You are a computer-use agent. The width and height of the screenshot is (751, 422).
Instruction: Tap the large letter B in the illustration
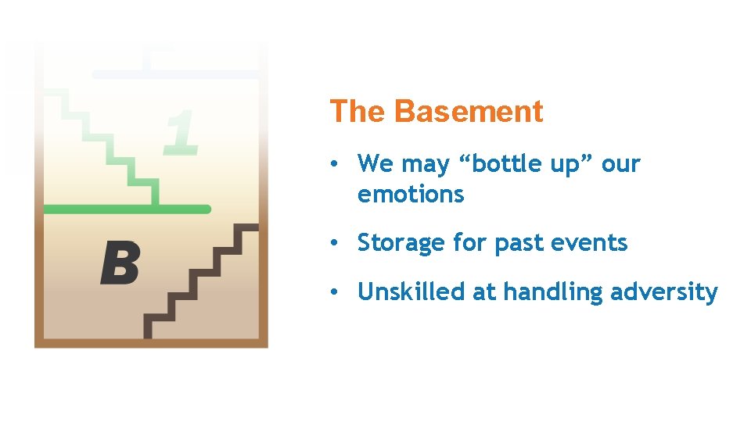click(120, 263)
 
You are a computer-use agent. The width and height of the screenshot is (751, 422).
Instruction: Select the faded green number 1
click(181, 131)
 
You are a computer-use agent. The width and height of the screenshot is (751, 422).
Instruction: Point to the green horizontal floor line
click(125, 209)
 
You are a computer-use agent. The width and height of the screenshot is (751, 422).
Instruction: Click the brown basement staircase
click(200, 281)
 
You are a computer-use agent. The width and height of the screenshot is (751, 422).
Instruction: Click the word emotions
click(411, 195)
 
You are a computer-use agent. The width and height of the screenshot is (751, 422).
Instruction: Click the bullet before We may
click(333, 165)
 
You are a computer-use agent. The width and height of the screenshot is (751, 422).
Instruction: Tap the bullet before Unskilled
click(333, 293)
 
